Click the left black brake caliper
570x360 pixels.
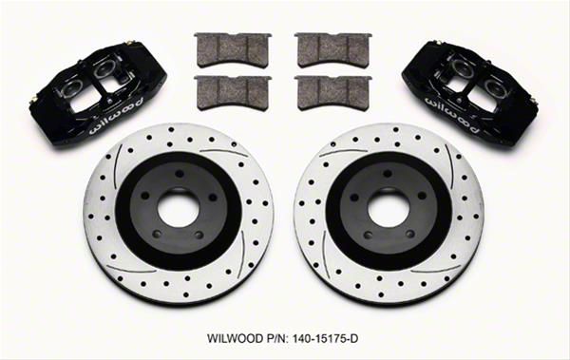(98, 96)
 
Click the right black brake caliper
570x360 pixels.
(472, 95)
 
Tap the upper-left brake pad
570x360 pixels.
(233, 49)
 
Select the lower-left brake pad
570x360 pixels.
(233, 93)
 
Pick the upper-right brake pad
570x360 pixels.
(333, 49)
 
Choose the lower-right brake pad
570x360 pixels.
(333, 93)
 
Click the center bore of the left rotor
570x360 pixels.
(179, 208)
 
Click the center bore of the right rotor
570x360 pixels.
(389, 208)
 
